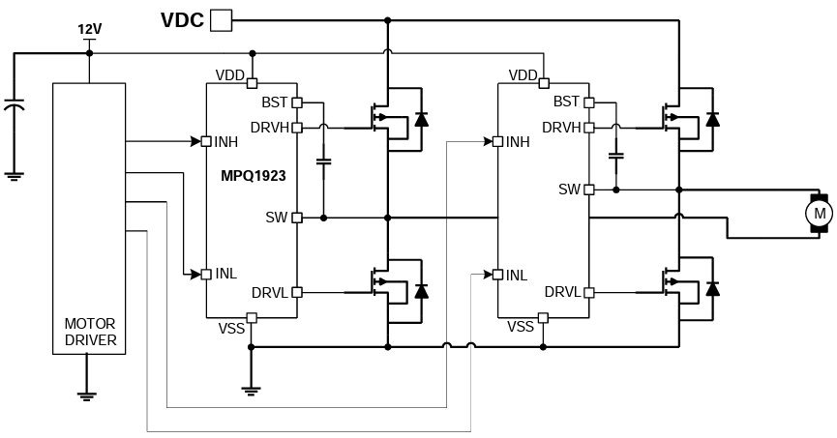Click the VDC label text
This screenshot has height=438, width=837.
click(182, 19)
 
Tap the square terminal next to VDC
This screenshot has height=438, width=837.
click(222, 19)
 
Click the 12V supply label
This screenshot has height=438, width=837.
click(89, 29)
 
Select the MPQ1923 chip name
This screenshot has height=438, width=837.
click(254, 178)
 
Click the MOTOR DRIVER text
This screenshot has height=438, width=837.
click(89, 332)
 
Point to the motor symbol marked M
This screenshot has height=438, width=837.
click(819, 212)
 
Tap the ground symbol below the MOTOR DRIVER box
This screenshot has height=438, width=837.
click(88, 392)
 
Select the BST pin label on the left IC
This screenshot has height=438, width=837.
click(275, 102)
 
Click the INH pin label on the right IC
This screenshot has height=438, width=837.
click(518, 142)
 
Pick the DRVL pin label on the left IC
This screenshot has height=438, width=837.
click(270, 292)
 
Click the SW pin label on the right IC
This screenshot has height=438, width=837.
click(569, 190)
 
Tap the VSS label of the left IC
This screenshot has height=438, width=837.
click(231, 328)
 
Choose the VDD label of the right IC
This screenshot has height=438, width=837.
click(523, 75)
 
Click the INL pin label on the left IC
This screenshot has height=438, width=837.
click(226, 275)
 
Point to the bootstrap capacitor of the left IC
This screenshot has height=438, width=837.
click(323, 162)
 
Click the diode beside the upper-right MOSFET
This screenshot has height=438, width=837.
click(713, 119)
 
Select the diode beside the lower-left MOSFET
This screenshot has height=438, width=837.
click(421, 290)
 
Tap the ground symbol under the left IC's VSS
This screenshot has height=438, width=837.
click(251, 390)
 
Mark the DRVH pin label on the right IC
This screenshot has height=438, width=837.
click(561, 127)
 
